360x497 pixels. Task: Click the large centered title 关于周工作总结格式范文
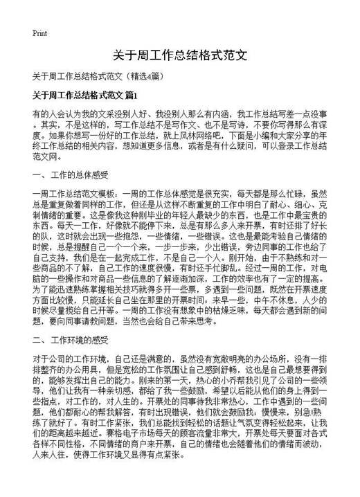179,55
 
